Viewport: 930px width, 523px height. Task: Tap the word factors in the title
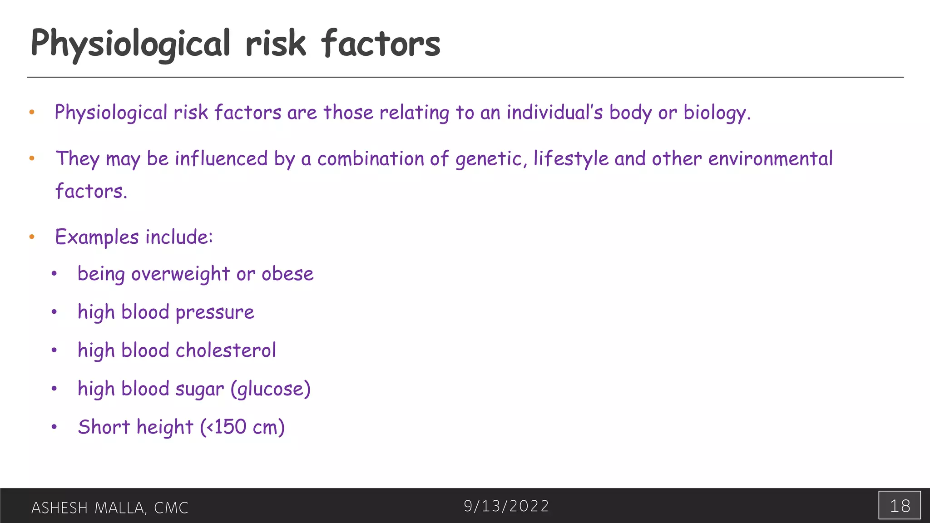coord(381,44)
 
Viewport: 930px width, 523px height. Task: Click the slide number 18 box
coord(899,505)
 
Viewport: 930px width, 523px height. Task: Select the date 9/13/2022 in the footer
coord(506,506)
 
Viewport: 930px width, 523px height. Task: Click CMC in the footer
coord(171,508)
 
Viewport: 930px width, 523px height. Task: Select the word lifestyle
coord(571,159)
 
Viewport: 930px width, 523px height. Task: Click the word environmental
coord(770,159)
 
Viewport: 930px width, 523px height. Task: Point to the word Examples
coord(97,237)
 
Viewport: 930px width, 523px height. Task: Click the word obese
coord(287,274)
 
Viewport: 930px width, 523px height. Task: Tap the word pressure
coord(215,312)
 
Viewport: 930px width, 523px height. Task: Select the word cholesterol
coord(226,350)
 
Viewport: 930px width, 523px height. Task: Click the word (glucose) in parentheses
coord(271,389)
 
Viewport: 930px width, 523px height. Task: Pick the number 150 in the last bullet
coord(230,427)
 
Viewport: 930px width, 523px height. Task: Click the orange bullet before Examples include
coord(32,237)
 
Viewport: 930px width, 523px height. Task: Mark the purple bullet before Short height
coord(54,427)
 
